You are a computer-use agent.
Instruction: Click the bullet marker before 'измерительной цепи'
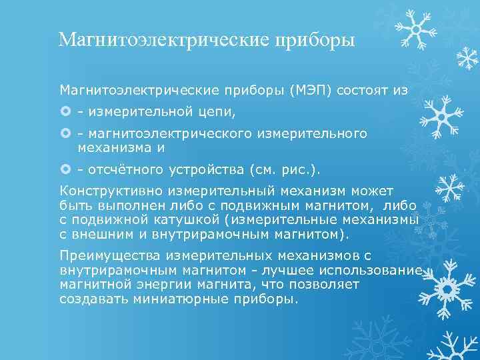tap(65, 110)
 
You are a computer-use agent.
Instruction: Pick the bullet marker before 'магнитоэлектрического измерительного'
tap(65, 134)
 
